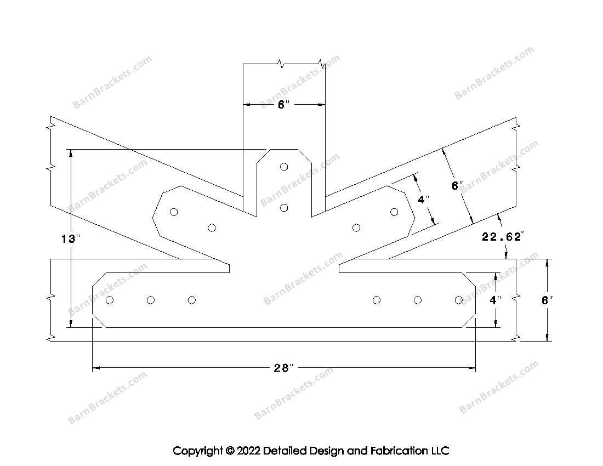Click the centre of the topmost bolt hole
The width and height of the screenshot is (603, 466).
tap(284, 167)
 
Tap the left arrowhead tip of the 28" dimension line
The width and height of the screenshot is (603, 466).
tap(93, 368)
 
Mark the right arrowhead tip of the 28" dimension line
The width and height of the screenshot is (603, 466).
tap(475, 368)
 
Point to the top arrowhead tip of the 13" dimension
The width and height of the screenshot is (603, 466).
tap(70, 149)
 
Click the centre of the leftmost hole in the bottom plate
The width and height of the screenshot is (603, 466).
tap(110, 300)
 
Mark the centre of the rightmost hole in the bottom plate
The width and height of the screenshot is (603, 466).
tap(459, 300)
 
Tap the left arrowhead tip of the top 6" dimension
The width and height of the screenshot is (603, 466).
tap(243, 104)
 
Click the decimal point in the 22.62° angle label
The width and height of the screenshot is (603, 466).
tap(499, 240)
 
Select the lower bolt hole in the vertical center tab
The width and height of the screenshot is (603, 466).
tap(284, 208)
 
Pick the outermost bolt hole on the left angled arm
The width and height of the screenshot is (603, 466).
tap(174, 212)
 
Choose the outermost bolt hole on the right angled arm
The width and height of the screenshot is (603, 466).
tap(394, 212)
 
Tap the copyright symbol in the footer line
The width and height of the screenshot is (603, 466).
tap(230, 450)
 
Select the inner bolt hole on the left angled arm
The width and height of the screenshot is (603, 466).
tap(212, 228)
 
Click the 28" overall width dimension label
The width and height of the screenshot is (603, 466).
tap(284, 368)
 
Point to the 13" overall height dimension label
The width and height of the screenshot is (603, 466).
tap(71, 239)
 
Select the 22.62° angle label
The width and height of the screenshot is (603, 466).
tap(502, 236)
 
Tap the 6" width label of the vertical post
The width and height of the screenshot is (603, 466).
tap(283, 105)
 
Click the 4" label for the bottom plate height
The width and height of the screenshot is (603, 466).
tap(496, 300)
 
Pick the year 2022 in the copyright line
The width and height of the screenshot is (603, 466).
tap(248, 450)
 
